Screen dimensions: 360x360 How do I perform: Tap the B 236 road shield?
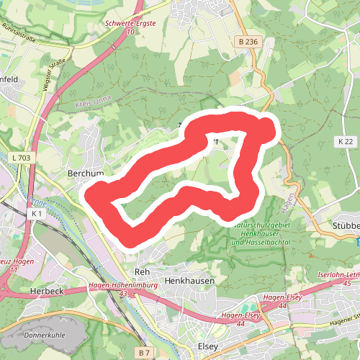click(247, 42)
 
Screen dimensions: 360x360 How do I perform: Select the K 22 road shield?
click(345, 141)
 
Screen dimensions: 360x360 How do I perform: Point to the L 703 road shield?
click(22, 158)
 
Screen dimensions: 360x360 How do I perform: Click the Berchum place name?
click(86, 174)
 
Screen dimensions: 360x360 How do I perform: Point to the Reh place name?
click(141, 271)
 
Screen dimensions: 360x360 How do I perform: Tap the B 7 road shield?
click(145, 352)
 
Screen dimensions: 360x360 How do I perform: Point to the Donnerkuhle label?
click(45, 336)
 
